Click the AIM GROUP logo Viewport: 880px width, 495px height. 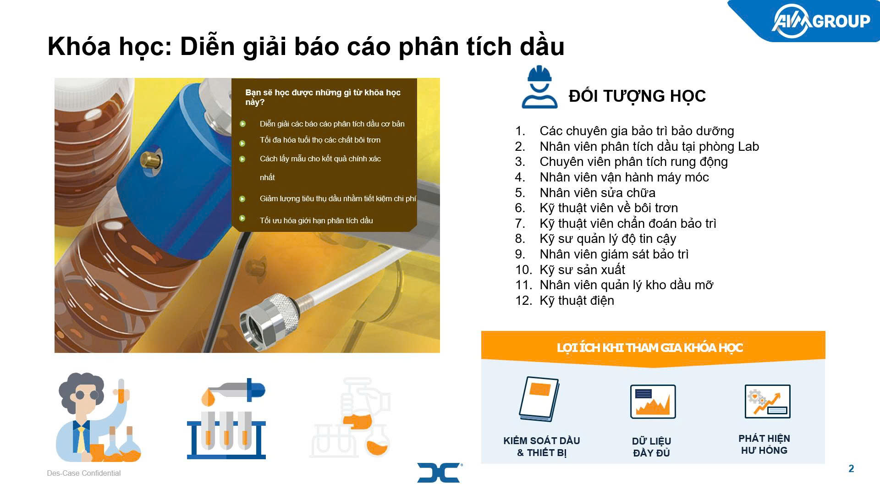tap(821, 21)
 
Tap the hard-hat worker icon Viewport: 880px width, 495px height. tap(539, 87)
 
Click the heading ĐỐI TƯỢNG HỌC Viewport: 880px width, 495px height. tap(637, 96)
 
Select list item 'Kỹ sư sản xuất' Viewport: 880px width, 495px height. tap(582, 269)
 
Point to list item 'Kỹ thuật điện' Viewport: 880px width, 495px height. tap(577, 300)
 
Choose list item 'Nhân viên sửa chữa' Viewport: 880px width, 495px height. tap(597, 192)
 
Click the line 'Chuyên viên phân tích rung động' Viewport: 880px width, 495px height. tap(633, 162)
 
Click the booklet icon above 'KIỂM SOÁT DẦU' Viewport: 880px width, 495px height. tap(539, 399)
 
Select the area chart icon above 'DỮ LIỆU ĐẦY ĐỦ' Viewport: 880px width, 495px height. tap(653, 401)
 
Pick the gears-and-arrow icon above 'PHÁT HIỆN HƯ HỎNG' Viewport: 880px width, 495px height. tap(768, 401)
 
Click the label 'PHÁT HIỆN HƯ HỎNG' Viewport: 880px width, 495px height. tap(764, 444)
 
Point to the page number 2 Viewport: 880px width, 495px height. tap(851, 468)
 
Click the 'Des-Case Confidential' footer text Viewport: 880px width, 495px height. tap(84, 473)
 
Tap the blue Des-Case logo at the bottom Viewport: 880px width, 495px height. tap(439, 473)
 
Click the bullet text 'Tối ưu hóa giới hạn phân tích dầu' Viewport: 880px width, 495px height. tap(316, 220)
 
